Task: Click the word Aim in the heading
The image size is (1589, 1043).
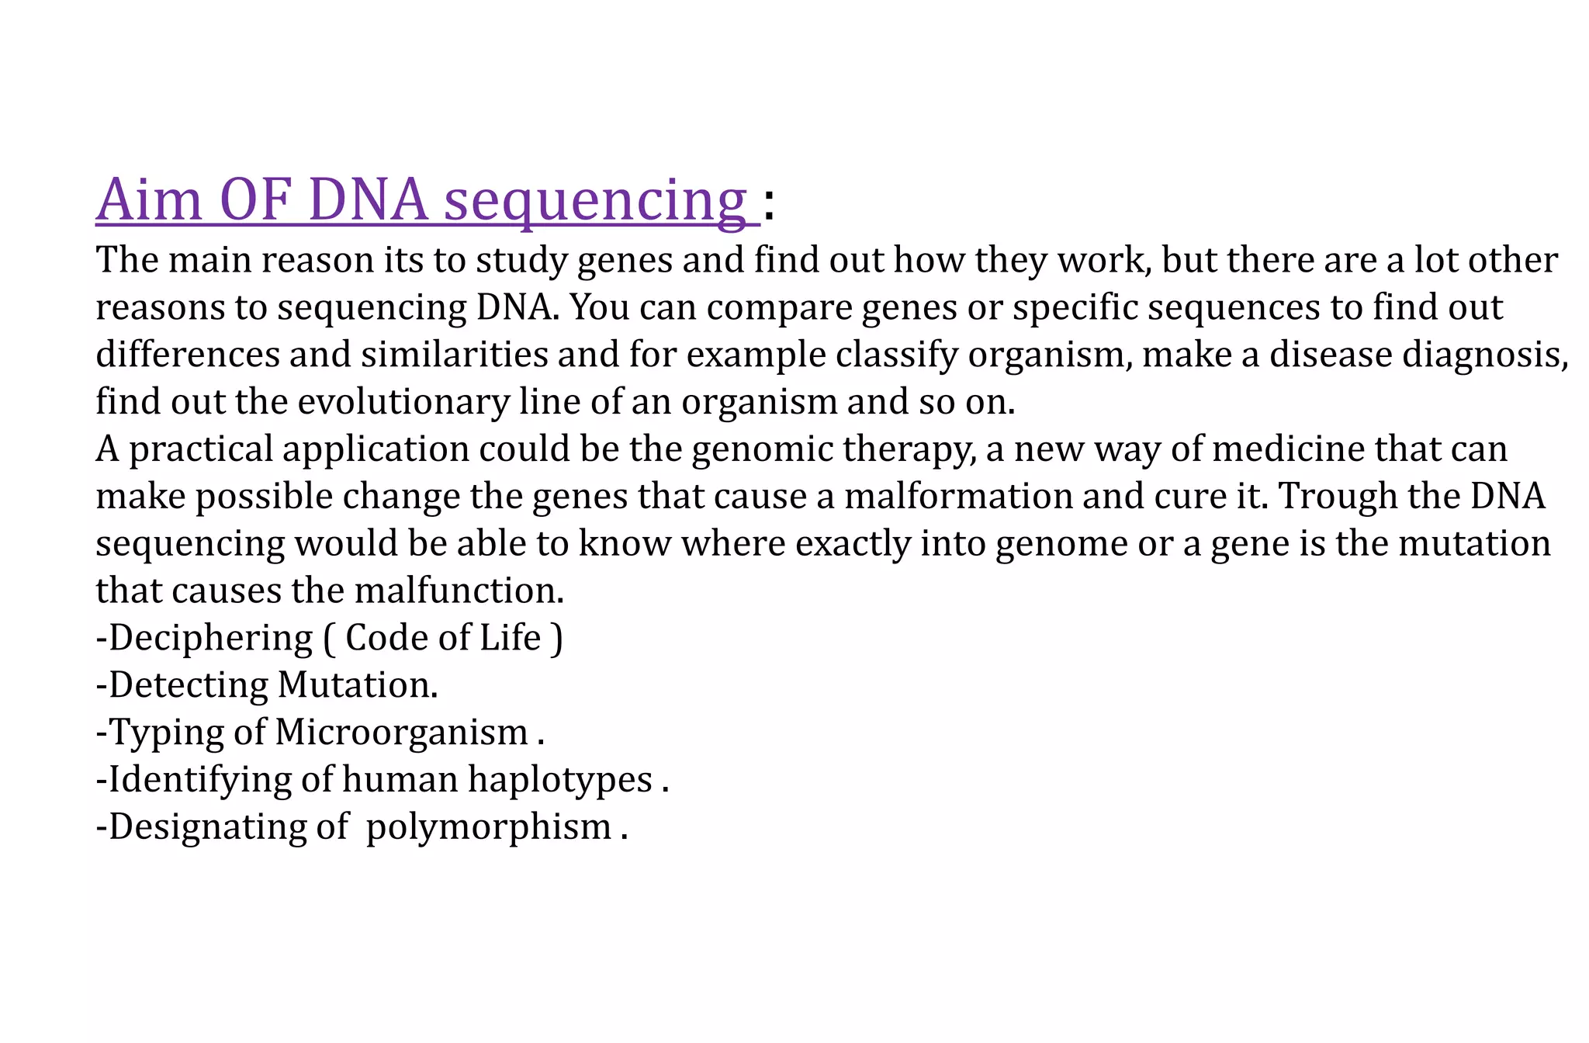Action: tap(149, 200)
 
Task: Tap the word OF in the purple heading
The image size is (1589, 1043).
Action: tap(255, 200)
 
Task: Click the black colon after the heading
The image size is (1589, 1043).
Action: tap(769, 206)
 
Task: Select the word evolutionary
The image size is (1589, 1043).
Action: tap(403, 403)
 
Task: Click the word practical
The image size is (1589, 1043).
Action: tap(201, 450)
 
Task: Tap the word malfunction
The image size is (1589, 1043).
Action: tap(459, 591)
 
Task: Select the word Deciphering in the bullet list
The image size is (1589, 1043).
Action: tap(210, 639)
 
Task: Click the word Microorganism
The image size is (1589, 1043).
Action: tap(402, 733)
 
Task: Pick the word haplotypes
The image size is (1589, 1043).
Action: tap(559, 780)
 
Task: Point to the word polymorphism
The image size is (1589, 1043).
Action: tap(489, 827)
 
